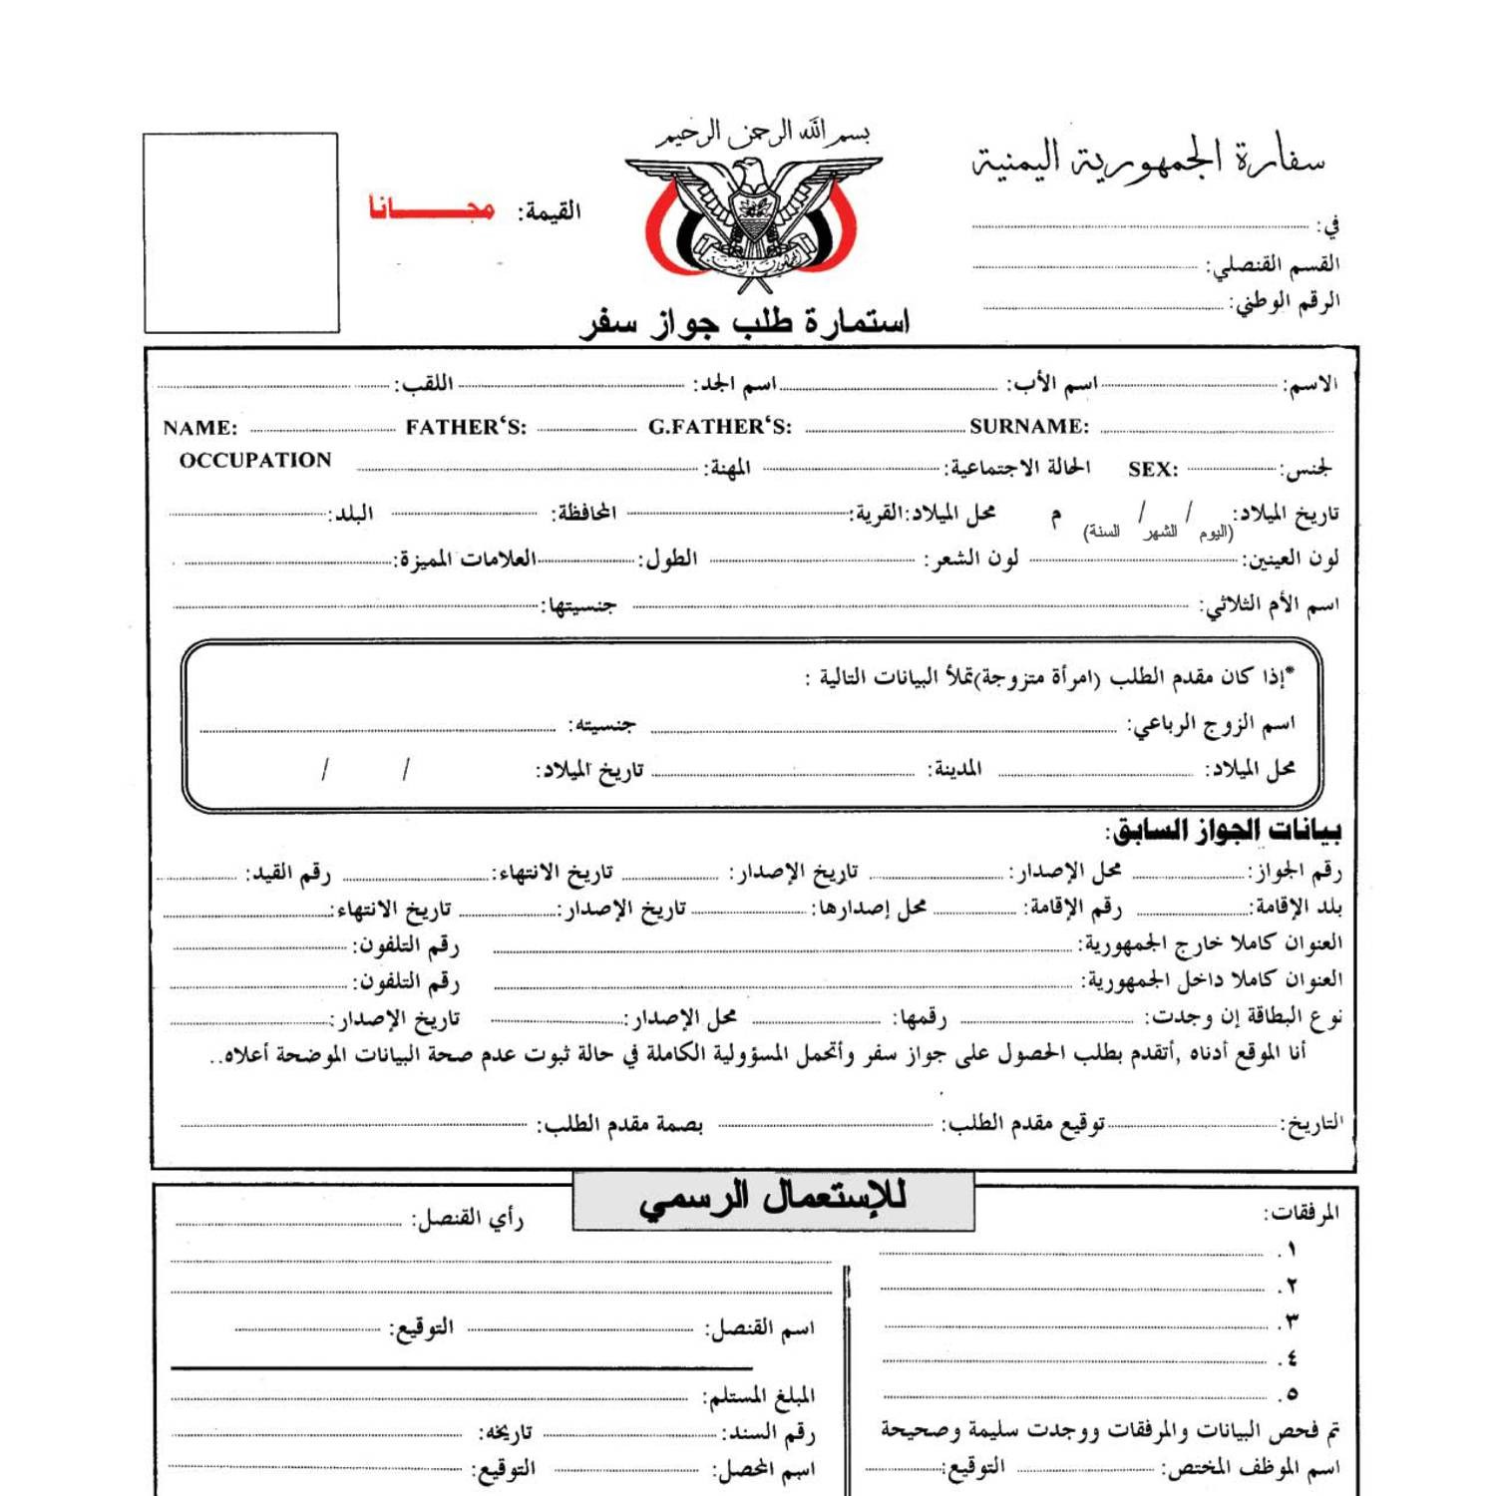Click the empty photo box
coord(241,232)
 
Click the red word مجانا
coord(431,208)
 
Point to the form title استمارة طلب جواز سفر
coord(745,322)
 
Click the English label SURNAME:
coord(1029,427)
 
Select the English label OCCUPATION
coord(255,461)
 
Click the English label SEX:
coord(1153,470)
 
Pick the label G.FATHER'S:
coord(720,427)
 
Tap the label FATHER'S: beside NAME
coord(466,428)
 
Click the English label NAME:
coord(200,429)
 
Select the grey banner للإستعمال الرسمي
coord(773,1200)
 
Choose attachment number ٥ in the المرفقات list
coord(1291,1394)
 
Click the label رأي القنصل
coord(469,1219)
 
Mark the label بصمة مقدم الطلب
coord(620,1125)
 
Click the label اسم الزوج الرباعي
coord(1212,725)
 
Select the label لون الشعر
coord(972,560)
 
